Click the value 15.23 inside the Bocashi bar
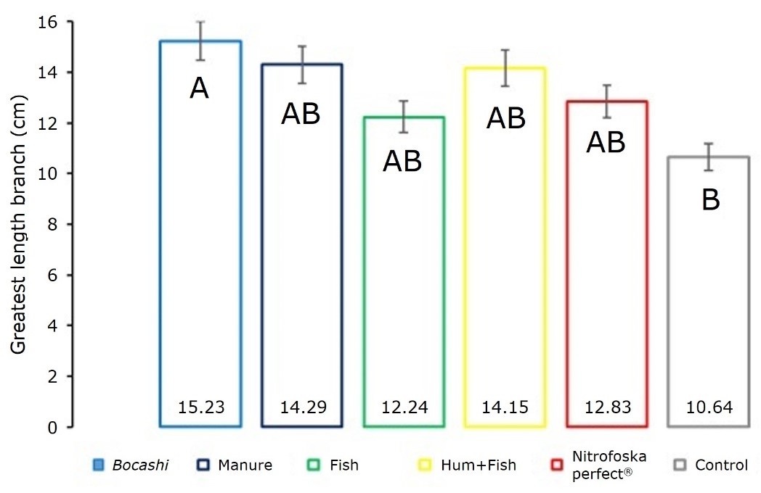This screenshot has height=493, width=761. click(200, 407)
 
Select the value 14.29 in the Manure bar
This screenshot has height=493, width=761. click(301, 407)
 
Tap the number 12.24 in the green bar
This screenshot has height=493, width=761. click(403, 407)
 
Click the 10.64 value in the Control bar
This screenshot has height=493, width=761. click(708, 407)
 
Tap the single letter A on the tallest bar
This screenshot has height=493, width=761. click(200, 88)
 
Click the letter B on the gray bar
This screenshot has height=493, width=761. click(710, 200)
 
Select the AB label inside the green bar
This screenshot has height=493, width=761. click(402, 162)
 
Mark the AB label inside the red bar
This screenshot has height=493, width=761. click(606, 143)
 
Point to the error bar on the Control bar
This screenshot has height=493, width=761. click(708, 157)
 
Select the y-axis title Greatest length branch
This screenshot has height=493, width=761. click(19, 225)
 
